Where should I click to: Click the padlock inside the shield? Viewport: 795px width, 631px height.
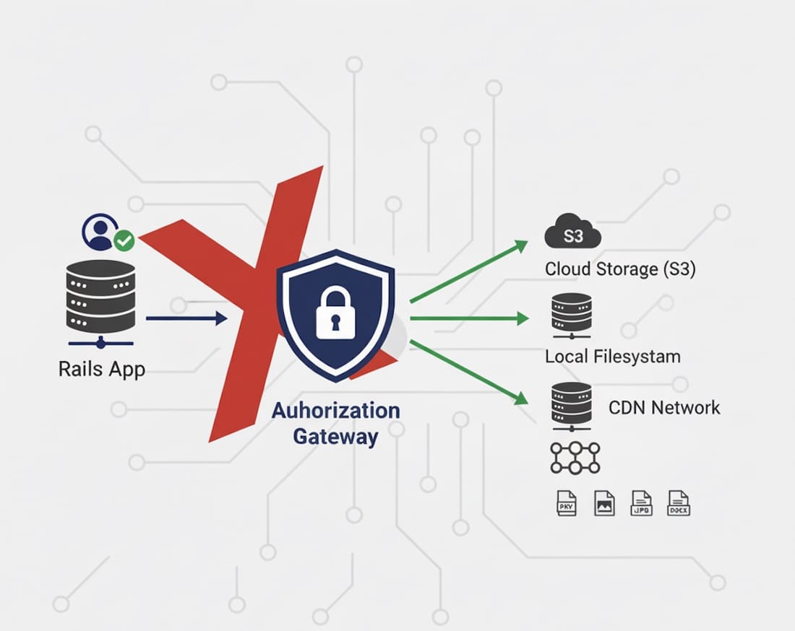[335, 313]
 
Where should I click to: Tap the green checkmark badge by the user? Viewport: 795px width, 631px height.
[124, 240]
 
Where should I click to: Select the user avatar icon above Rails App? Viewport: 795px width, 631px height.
[99, 230]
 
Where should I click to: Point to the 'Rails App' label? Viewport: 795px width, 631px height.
[101, 369]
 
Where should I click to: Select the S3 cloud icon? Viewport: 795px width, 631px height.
[572, 233]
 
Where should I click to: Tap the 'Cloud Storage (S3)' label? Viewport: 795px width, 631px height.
[620, 269]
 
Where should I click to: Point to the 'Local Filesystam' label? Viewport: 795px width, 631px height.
[612, 356]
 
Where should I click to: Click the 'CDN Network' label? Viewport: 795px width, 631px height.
[664, 407]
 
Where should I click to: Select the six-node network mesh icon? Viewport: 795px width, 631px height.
[575, 458]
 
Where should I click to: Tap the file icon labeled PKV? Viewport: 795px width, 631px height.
[566, 502]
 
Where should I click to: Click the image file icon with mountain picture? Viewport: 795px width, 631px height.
[604, 502]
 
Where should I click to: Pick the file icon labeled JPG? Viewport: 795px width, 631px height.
[642, 502]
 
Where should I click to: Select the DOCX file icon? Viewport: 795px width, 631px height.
[679, 502]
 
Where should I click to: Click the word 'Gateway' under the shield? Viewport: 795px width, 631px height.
[335, 436]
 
